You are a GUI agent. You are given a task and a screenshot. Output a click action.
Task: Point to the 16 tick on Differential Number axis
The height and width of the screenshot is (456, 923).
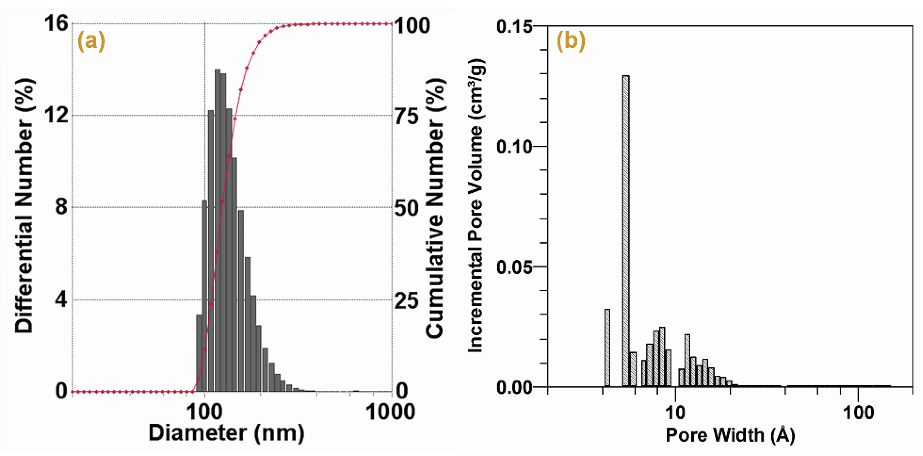tap(56, 24)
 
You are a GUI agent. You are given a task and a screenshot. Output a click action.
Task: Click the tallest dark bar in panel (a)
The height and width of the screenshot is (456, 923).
tap(218, 229)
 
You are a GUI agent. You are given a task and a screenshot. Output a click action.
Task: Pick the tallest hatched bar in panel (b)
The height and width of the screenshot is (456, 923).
tap(626, 229)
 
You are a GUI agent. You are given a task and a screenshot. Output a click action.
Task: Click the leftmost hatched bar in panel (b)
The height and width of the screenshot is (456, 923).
tap(607, 348)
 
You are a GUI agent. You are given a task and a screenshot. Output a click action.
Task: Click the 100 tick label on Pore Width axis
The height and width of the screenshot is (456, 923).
tap(858, 413)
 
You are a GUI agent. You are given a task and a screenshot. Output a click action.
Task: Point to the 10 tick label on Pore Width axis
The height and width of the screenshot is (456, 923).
tap(675, 413)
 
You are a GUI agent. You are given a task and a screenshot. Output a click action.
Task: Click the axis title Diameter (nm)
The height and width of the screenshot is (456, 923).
tap(226, 433)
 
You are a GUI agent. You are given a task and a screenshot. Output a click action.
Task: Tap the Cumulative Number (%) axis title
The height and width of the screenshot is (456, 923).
tap(435, 208)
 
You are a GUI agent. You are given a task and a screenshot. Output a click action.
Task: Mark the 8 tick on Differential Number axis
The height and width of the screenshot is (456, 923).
tap(62, 207)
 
